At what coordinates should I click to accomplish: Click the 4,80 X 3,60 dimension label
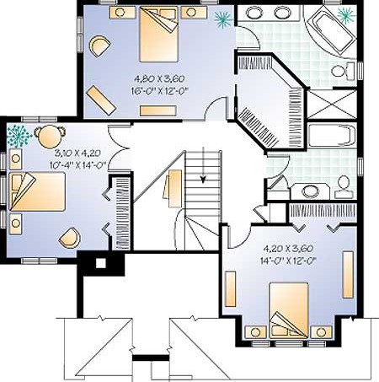point(159,79)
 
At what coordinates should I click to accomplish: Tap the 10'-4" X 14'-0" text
point(78,165)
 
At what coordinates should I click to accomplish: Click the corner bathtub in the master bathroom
point(331,30)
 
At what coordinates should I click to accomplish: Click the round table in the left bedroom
point(50,137)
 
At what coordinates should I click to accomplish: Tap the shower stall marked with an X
point(332,104)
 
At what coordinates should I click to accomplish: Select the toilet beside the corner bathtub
point(343,70)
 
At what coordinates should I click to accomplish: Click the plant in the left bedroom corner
point(19,136)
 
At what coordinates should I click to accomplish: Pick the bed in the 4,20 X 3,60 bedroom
point(289,310)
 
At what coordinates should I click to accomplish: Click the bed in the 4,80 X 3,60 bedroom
point(159,34)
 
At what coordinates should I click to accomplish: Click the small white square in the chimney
point(101,263)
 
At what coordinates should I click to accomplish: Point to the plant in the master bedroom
point(223,19)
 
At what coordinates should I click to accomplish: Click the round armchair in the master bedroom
point(99,46)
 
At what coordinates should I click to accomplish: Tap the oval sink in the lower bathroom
point(311,191)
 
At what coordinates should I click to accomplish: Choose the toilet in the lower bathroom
point(343,186)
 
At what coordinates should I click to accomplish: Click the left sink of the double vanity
point(254,13)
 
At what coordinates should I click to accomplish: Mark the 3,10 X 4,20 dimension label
point(77,153)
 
